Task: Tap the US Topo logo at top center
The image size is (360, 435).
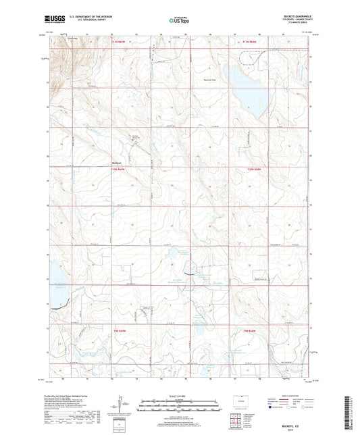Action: click(179, 20)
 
